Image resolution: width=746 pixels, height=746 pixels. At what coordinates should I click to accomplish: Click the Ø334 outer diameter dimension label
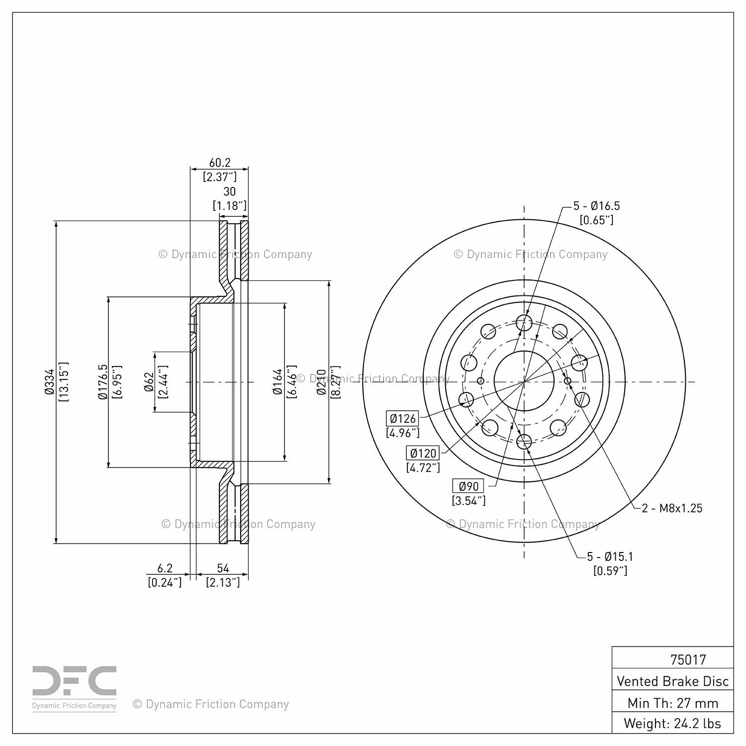(x=49, y=382)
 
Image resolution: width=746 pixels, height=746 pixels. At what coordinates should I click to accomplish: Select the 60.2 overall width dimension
(x=220, y=163)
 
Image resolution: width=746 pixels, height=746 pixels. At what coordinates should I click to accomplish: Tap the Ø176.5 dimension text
(x=103, y=381)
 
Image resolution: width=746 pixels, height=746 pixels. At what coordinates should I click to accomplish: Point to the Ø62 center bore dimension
(x=149, y=382)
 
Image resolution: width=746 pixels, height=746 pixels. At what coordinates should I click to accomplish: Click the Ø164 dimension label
(x=278, y=382)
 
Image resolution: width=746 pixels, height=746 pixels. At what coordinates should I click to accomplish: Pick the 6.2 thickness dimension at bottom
(x=165, y=568)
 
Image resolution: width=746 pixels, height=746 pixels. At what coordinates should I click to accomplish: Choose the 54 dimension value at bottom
(x=223, y=568)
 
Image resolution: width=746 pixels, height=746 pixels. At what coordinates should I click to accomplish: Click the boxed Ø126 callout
(x=403, y=418)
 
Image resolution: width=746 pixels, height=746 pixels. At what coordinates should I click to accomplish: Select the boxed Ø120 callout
(x=423, y=453)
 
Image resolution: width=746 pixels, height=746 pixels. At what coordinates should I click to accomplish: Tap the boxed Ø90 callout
(x=468, y=486)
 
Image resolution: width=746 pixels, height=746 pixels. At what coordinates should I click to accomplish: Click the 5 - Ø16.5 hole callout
(x=597, y=206)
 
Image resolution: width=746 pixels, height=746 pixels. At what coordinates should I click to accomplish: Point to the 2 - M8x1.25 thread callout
(x=672, y=508)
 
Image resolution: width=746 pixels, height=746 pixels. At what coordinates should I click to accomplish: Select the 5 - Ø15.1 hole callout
(x=610, y=557)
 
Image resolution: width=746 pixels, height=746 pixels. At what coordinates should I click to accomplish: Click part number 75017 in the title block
(x=688, y=659)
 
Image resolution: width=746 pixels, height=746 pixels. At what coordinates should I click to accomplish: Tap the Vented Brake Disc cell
(x=673, y=681)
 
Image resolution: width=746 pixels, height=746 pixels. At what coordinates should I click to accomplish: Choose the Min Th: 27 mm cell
(x=673, y=703)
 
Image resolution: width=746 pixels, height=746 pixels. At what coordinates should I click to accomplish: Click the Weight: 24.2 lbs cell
(x=673, y=723)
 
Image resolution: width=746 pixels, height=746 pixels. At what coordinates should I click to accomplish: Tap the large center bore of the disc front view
(x=524, y=381)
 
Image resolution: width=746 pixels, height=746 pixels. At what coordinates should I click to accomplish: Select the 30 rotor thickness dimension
(x=229, y=191)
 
